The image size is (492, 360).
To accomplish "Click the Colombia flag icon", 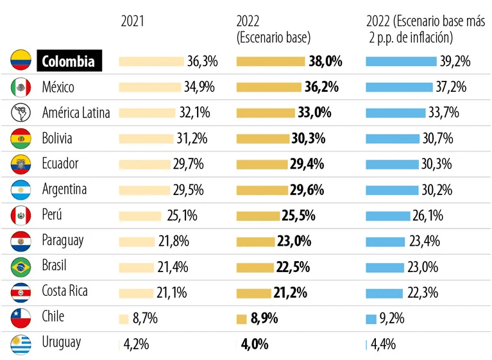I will [21, 61].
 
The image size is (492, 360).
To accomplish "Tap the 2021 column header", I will [133, 21].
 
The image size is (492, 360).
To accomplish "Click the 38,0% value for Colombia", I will [325, 61].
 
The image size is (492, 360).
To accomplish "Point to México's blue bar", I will [398, 87].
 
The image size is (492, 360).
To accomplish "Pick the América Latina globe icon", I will [21, 112].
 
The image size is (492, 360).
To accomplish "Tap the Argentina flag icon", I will [21, 189].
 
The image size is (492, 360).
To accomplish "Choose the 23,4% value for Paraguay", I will [424, 241].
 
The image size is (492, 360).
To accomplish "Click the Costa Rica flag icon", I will [21, 291].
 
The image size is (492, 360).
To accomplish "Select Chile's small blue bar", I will [371, 318].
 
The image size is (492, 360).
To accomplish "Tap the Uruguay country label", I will [62, 342].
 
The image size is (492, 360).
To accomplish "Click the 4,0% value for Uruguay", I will [255, 343].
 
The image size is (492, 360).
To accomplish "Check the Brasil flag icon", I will [21, 266].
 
